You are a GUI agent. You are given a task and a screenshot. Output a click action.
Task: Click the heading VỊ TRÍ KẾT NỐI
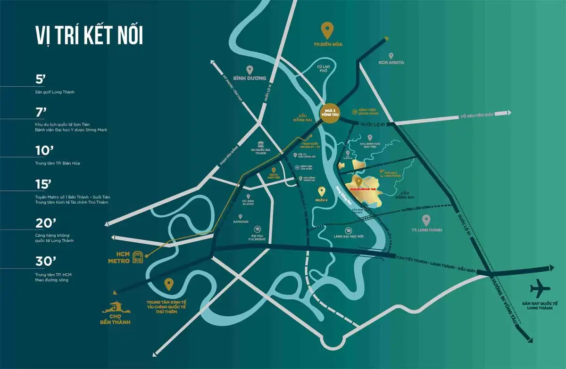point(89,36)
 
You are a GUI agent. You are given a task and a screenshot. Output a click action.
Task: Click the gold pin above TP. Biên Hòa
point(327,31)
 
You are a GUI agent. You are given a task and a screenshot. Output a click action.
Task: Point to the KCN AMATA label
point(391,62)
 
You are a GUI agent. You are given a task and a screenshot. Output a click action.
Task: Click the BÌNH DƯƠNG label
point(250,78)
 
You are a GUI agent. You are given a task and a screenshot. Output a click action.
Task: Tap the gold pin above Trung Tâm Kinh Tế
point(168,285)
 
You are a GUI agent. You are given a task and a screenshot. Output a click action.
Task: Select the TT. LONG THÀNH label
point(426,230)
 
